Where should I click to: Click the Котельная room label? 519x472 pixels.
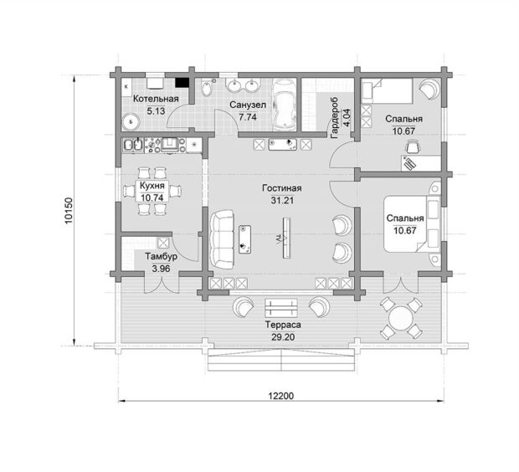coord(156,99)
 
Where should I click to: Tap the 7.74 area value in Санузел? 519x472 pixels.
coord(248,117)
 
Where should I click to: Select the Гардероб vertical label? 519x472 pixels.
coord(334,117)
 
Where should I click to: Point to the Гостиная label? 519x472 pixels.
coord(281,188)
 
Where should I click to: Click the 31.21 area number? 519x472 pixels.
coord(282,200)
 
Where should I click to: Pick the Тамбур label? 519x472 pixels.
coord(162,256)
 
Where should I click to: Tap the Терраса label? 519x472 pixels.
coord(283,325)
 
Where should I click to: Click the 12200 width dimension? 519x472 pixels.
coord(281,396)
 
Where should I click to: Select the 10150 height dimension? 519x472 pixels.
coord(69,211)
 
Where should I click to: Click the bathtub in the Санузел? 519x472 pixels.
coord(284,105)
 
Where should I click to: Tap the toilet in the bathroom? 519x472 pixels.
coord(207,89)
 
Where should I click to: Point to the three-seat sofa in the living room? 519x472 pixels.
coord(222,239)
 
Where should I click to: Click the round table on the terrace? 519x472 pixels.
coord(401,318)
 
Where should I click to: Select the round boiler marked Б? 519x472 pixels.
coord(131,122)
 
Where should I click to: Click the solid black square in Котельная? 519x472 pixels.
coord(182,82)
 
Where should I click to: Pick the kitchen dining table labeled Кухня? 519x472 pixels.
coord(152,192)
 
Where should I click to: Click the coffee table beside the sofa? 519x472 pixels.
coord(244,239)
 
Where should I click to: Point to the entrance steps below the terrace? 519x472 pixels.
coord(281,360)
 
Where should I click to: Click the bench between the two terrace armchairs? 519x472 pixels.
coord(281,308)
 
